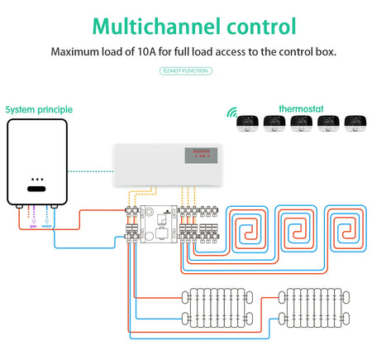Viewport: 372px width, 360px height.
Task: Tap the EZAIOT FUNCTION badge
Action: tap(185, 72)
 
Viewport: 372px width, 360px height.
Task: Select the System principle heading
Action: tap(39, 109)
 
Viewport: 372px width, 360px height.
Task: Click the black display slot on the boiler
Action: tap(36, 189)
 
